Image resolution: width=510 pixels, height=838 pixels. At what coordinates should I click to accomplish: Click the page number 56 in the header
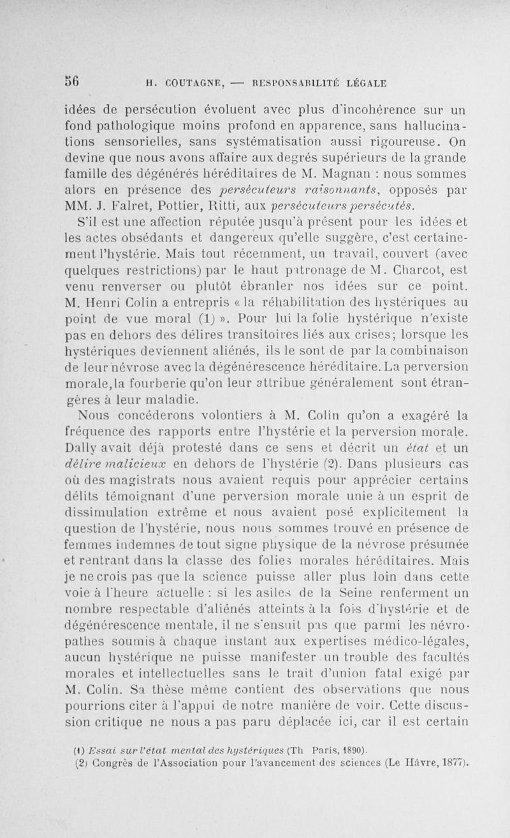click(71, 81)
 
